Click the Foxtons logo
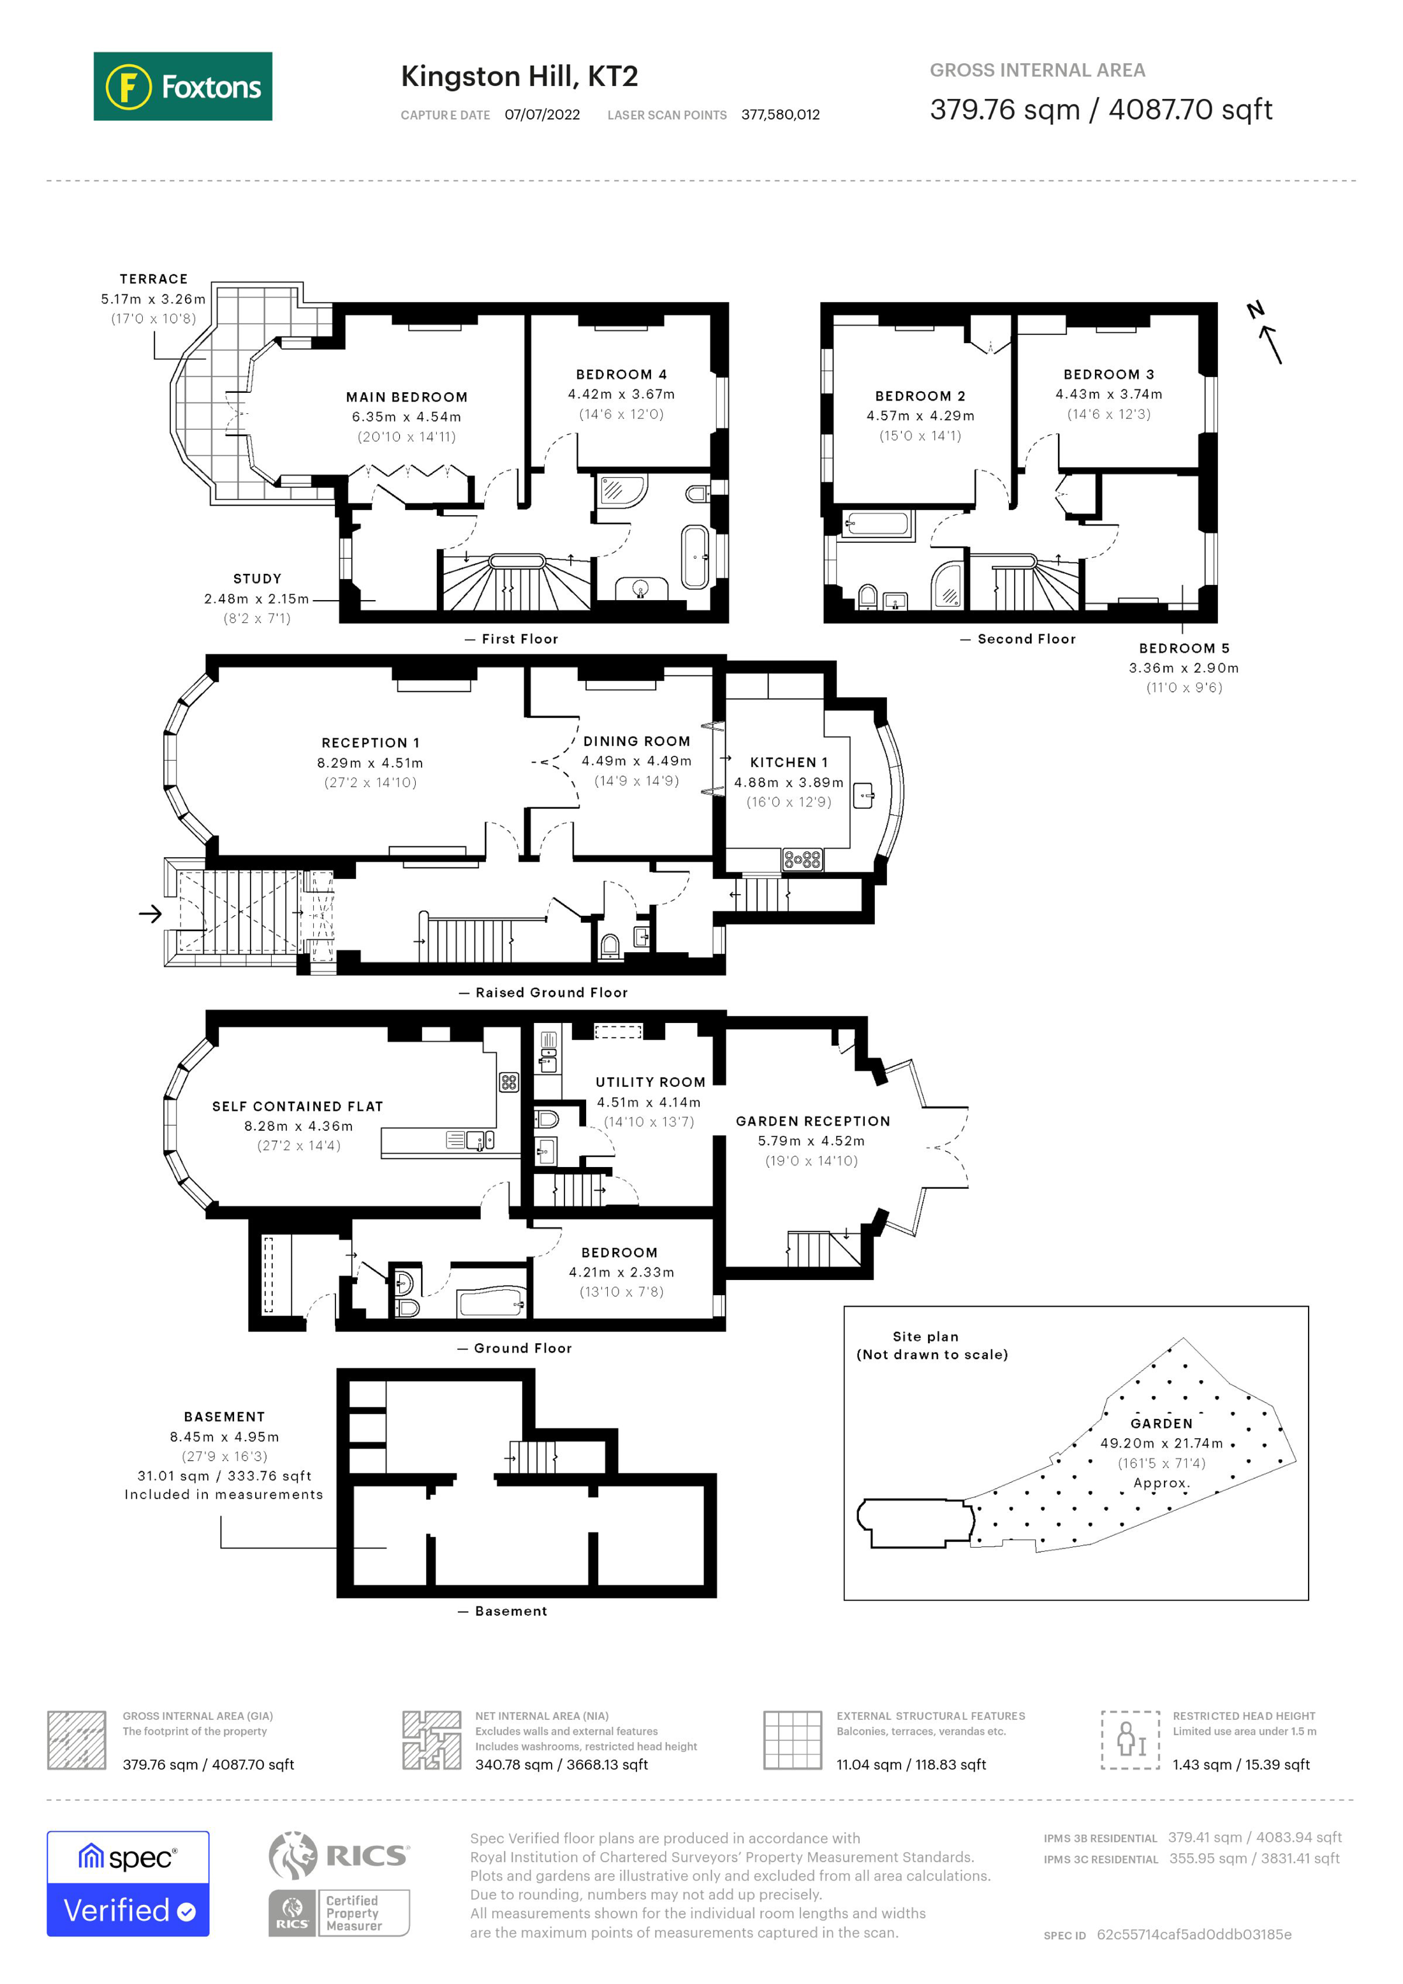[x=182, y=86]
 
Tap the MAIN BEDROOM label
[x=406, y=397]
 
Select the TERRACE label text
[x=153, y=278]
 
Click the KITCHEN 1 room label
[x=788, y=762]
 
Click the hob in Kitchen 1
[x=802, y=859]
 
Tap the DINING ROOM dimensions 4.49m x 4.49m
[x=636, y=760]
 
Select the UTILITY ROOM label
[x=650, y=1082]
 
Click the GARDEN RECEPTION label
[x=812, y=1121]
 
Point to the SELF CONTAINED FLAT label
[x=297, y=1106]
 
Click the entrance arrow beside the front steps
[x=151, y=913]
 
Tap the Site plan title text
[x=925, y=1336]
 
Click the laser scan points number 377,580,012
[x=779, y=115]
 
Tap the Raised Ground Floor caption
[x=550, y=992]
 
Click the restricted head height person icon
[x=1129, y=1740]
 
